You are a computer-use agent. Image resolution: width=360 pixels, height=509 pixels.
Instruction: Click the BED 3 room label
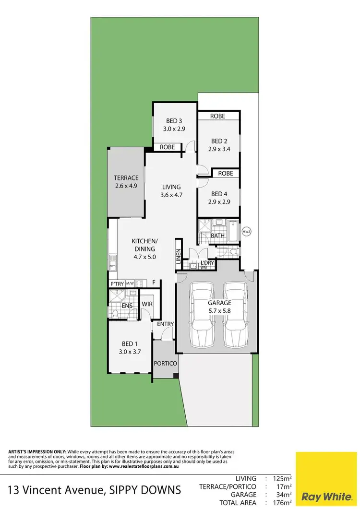click(174, 121)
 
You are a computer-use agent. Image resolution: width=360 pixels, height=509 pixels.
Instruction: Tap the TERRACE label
click(127, 178)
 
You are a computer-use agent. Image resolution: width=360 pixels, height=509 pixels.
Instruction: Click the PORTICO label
click(166, 364)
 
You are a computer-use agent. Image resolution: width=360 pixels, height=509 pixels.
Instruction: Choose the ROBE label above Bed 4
click(226, 173)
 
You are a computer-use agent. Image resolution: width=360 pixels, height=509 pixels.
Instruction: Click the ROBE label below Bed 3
click(167, 147)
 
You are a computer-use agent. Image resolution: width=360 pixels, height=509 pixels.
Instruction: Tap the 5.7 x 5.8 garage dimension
click(219, 311)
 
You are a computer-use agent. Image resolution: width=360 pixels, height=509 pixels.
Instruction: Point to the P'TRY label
click(117, 284)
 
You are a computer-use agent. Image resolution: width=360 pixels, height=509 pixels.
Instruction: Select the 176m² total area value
click(282, 503)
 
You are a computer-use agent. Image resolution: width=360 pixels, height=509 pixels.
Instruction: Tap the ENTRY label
click(166, 324)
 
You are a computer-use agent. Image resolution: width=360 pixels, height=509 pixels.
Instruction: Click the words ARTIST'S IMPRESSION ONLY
click(37, 452)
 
